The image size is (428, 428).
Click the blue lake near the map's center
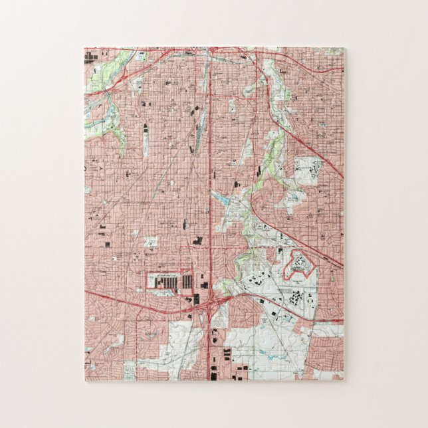coord(221,199)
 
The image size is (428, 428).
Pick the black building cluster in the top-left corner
coord(89,56)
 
